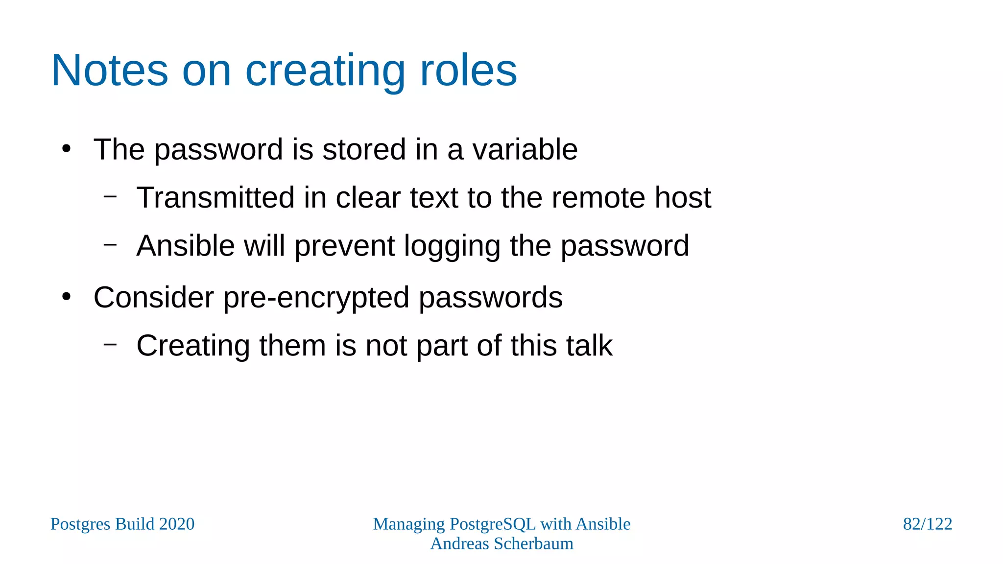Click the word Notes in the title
click(x=110, y=70)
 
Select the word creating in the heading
click(x=325, y=71)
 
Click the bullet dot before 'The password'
click(x=67, y=148)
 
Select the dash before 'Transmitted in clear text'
click(x=111, y=196)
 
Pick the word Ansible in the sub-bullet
click(x=186, y=246)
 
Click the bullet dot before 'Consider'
click(x=67, y=297)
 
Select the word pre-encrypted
click(x=316, y=298)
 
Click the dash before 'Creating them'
click(x=111, y=344)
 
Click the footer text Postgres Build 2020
click(x=122, y=524)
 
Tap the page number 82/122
click(x=927, y=524)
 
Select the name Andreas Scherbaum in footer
click(x=501, y=544)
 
